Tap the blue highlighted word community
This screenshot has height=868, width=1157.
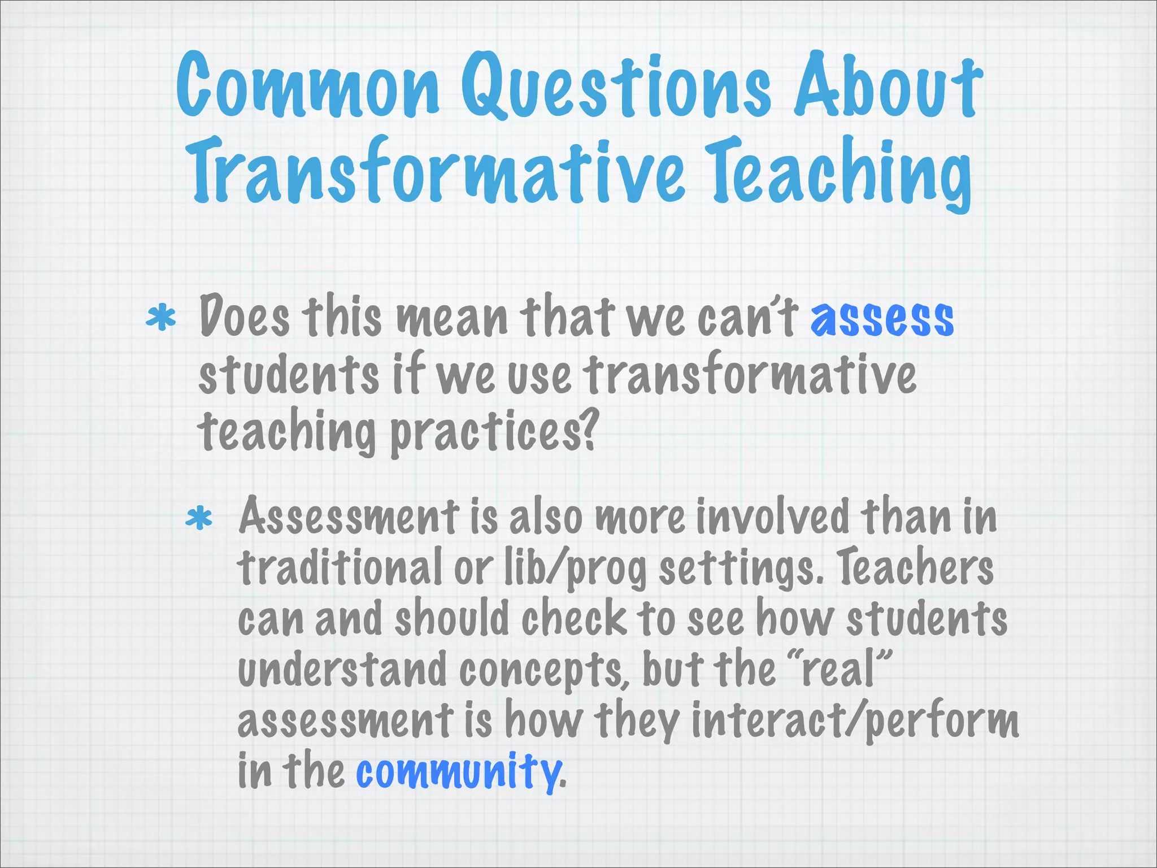(458, 771)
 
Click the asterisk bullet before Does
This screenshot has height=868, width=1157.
(160, 318)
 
